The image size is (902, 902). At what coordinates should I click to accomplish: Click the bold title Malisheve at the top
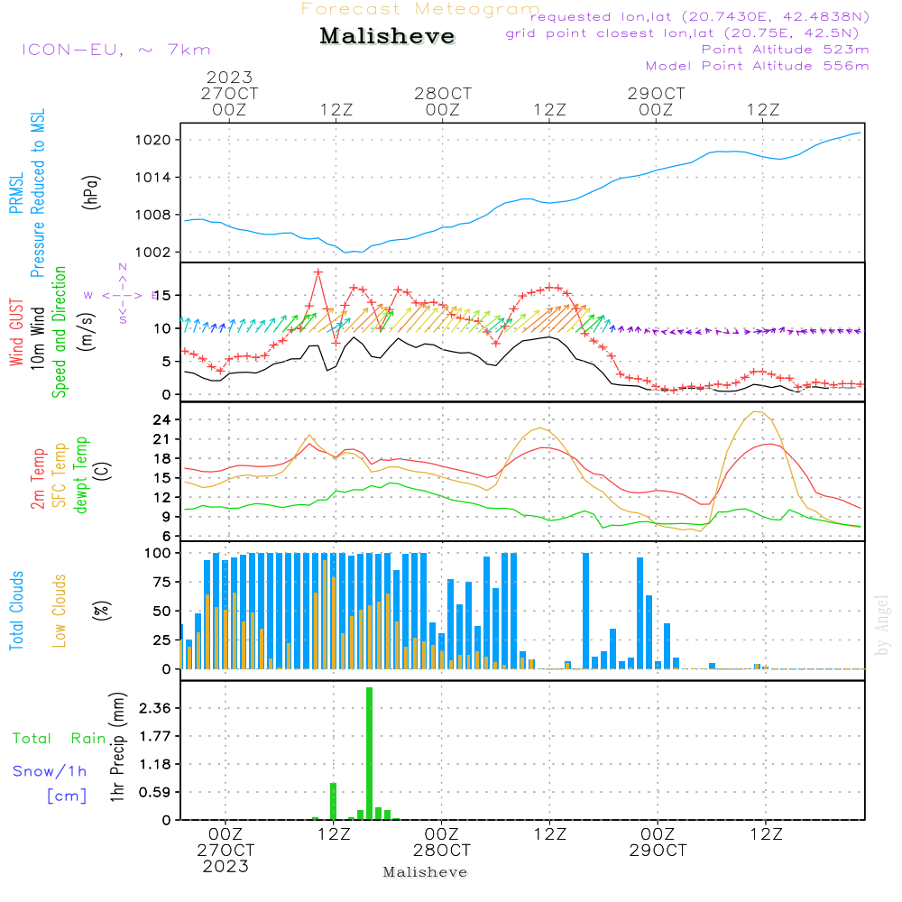387,37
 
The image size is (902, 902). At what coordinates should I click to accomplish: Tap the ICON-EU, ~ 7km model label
115,50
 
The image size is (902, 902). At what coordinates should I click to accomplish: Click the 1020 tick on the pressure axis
156,140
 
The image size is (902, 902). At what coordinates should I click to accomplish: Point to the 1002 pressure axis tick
156,252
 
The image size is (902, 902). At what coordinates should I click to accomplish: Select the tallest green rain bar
370,753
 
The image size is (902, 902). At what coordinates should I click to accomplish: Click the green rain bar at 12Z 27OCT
334,801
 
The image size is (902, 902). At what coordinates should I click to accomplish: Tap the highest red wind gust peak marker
318,272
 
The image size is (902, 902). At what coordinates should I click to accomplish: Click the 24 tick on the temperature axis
162,420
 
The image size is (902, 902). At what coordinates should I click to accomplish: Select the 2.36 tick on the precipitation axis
156,708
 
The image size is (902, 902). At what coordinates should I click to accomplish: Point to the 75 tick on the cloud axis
159,582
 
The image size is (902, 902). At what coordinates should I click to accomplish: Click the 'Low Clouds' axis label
60,610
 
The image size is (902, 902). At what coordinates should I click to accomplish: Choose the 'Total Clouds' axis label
17,611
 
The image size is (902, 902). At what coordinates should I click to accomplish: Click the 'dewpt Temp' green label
81,475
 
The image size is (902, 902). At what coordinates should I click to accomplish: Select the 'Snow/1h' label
51,771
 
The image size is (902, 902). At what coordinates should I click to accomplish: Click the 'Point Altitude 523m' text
785,49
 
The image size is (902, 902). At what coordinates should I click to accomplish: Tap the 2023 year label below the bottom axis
225,867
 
